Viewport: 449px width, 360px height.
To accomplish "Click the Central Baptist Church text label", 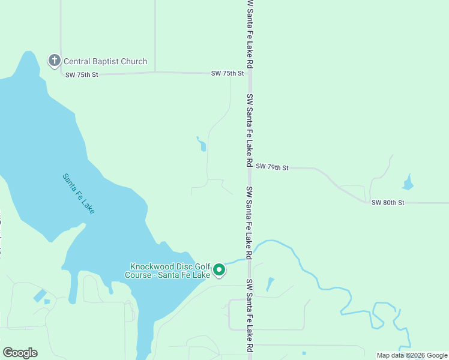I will pyautogui.click(x=105, y=61).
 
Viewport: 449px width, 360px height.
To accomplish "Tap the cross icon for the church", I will pyautogui.click(x=54, y=60).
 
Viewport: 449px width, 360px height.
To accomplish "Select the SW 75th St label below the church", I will pyautogui.click(x=81, y=74).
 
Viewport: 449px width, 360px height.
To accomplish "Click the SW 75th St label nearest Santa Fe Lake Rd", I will pyautogui.click(x=228, y=73).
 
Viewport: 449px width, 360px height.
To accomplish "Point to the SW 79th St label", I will pyautogui.click(x=272, y=167).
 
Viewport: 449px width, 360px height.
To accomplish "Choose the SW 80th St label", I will pyautogui.click(x=388, y=203).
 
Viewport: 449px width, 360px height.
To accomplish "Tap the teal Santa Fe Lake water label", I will pyautogui.click(x=79, y=194).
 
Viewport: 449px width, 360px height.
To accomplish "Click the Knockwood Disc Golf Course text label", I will pyautogui.click(x=170, y=271).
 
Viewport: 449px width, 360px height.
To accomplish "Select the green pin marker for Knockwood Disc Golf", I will pyautogui.click(x=219, y=269).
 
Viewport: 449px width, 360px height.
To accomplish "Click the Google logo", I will pyautogui.click(x=20, y=353).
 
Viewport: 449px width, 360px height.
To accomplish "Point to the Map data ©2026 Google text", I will pyautogui.click(x=412, y=355).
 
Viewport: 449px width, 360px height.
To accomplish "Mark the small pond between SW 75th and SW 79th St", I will pyautogui.click(x=202, y=145).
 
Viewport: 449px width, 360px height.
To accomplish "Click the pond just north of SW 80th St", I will pyautogui.click(x=408, y=182).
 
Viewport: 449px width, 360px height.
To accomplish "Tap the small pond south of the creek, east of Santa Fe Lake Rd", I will pyautogui.click(x=270, y=284).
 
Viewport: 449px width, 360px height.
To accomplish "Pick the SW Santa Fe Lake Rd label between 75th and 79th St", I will pyautogui.click(x=249, y=130).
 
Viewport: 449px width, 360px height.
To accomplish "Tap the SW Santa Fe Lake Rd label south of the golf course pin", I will pyautogui.click(x=249, y=316).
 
